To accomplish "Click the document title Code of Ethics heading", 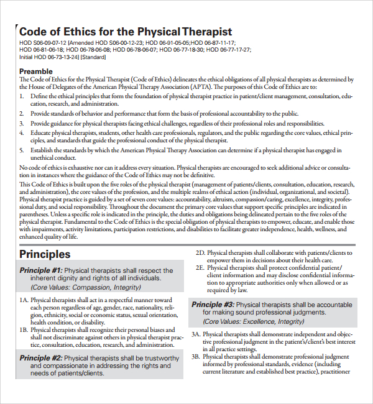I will tap(126, 32).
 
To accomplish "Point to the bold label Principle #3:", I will tap(213, 305).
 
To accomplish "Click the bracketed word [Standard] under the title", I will tap(93, 57).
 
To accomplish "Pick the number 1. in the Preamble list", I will tap(22, 97).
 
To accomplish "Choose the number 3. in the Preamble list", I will tap(22, 124).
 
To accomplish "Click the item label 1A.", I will tap(24, 300).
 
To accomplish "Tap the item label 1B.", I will tap(24, 330).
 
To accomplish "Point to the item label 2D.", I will tap(200, 253).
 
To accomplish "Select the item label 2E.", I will tap(200, 268).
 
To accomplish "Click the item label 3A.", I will tap(196, 334).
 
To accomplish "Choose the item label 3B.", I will tap(196, 357).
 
